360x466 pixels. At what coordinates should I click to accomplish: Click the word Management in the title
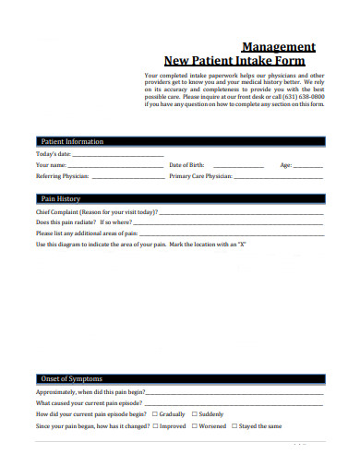coord(278,46)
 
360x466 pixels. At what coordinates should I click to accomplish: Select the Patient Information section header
coord(72,141)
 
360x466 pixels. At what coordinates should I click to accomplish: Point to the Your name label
coord(52,164)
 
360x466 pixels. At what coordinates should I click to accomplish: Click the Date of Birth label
coord(186,164)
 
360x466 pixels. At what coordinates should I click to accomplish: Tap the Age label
coord(285,164)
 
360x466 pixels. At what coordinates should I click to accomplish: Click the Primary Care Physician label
coord(200,175)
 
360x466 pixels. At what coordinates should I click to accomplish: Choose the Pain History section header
coord(62,198)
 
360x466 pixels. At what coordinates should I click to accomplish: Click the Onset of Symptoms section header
coord(71,378)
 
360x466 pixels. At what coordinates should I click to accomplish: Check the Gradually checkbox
coord(154,414)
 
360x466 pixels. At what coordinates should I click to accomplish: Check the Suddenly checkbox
coord(193,414)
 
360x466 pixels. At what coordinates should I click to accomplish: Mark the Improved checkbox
coord(155,426)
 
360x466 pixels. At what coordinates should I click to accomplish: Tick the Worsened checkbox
coord(195,426)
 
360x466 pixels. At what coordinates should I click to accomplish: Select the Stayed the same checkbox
coord(234,426)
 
